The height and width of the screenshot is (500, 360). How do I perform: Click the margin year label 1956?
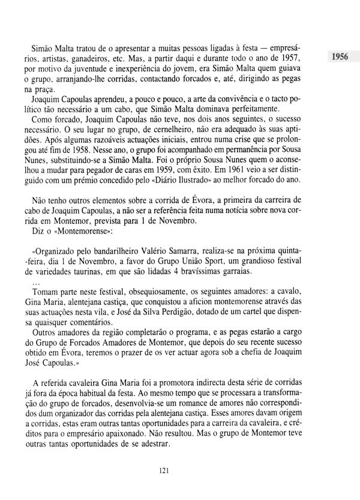click(x=343, y=58)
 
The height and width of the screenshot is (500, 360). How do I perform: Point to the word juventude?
click(x=83, y=68)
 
